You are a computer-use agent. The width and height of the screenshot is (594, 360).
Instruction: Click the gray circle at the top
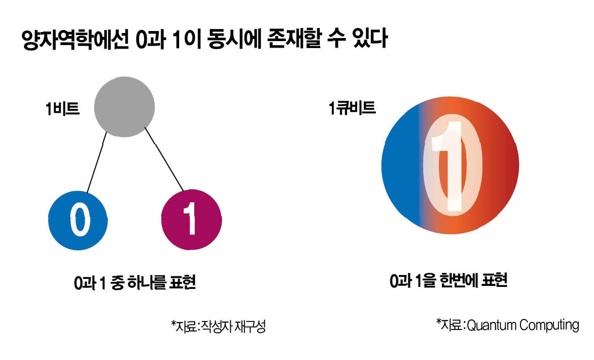click(124, 106)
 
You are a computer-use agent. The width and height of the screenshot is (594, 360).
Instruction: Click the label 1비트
click(63, 109)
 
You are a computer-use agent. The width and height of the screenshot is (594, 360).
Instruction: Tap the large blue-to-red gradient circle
click(450, 165)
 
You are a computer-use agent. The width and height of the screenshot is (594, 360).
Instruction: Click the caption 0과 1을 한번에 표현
click(449, 281)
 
